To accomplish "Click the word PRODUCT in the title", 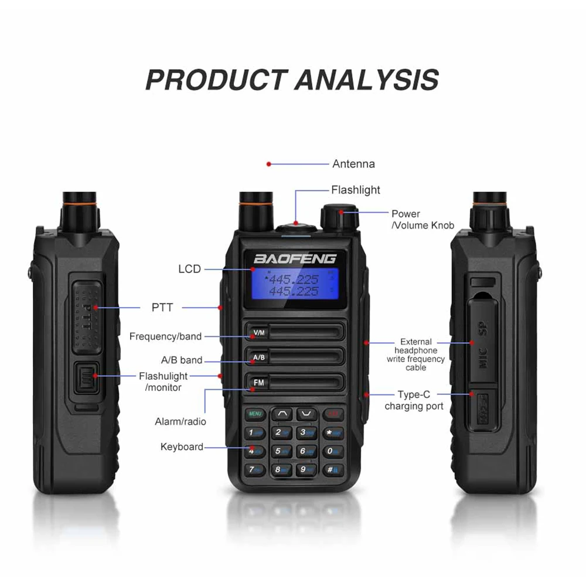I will [216, 79].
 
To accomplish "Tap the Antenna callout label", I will [353, 164].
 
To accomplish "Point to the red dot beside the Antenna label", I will [269, 164].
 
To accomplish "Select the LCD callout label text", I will [189, 269].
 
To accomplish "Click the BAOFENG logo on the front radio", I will [295, 258].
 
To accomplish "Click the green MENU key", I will [255, 414].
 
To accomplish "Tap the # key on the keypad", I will [332, 469].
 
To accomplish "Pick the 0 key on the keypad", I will [332, 451].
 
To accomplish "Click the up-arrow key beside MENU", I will [282, 414].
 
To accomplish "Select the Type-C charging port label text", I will [414, 400].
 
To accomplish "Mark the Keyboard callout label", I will [182, 447].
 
